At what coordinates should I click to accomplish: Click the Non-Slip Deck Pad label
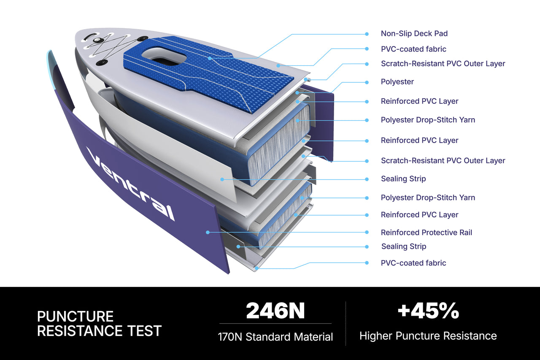point(414,33)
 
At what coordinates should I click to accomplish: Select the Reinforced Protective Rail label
point(426,233)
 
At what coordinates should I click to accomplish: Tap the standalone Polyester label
point(397,82)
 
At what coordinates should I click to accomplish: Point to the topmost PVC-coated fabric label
point(413,49)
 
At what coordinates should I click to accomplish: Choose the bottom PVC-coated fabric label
point(413,263)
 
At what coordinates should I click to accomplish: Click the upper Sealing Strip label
point(403,179)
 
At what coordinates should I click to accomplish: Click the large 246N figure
point(275,311)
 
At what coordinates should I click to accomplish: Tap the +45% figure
point(428,311)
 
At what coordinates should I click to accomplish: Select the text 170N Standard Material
point(275,337)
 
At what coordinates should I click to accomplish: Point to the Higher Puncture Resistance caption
point(428,336)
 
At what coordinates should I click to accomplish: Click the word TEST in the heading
point(144,330)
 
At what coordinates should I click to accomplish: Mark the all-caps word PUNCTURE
point(75,317)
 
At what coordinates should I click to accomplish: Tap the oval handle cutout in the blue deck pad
point(164,57)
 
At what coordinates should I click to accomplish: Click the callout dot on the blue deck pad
point(210,58)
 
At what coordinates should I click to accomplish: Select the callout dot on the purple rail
point(208,232)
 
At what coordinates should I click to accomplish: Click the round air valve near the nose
point(97,40)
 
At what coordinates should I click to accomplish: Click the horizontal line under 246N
point(275,323)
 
